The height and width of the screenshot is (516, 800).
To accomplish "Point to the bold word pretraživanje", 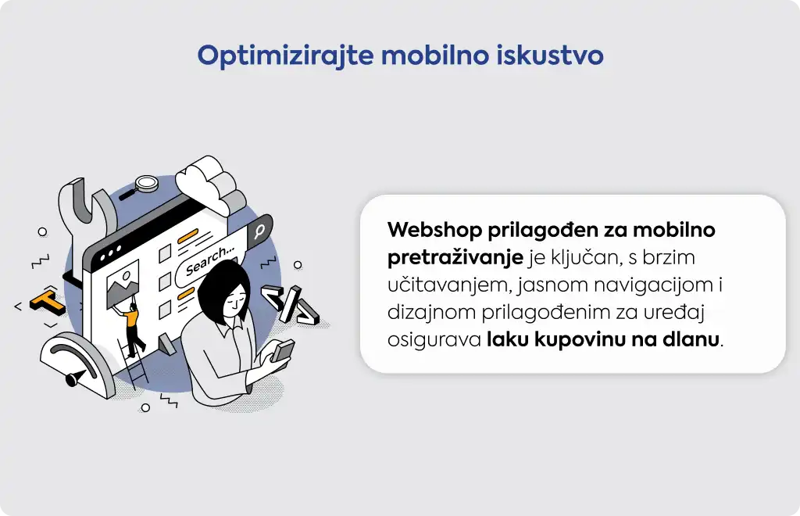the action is [455, 258].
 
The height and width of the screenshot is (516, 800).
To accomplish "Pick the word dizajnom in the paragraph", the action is [431, 312].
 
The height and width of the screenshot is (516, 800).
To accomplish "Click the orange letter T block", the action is [47, 302].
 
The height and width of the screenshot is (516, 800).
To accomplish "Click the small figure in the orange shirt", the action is [132, 328].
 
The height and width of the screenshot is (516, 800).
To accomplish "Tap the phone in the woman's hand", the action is [283, 351].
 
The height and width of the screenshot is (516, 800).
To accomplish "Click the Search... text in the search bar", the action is [209, 260].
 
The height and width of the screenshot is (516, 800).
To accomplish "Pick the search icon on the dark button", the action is [259, 231].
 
